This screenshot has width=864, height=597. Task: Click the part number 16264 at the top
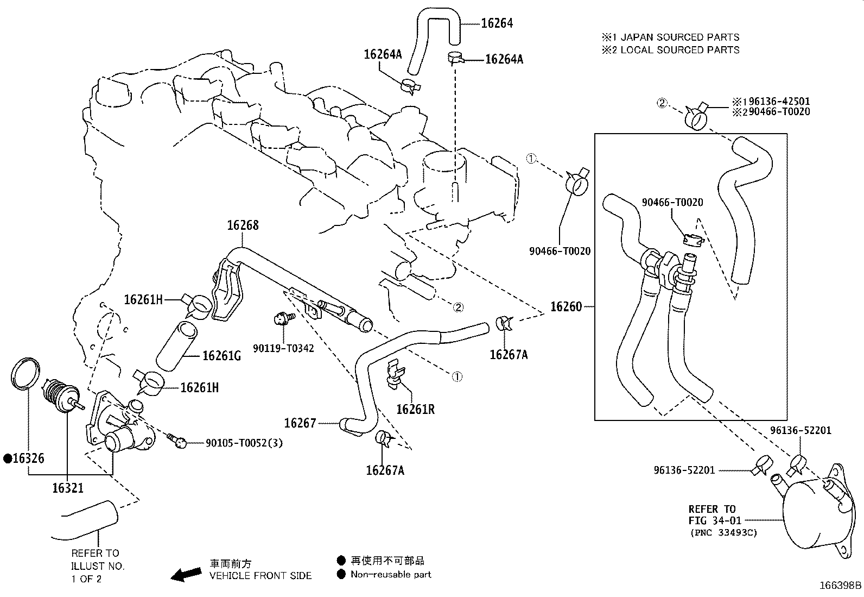pyautogui.click(x=497, y=23)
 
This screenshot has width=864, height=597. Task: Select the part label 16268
pyautogui.click(x=243, y=225)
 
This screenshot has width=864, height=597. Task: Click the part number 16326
pyautogui.click(x=28, y=458)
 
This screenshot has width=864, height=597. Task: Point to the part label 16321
pyautogui.click(x=68, y=488)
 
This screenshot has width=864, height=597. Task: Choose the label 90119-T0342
pyautogui.click(x=283, y=348)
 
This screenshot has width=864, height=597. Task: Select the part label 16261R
pyautogui.click(x=415, y=409)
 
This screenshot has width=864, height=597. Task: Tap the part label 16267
pyautogui.click(x=300, y=423)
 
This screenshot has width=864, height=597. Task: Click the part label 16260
pyautogui.click(x=566, y=306)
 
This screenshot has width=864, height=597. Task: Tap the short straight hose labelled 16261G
pyautogui.click(x=177, y=345)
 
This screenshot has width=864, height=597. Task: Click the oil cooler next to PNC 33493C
pyautogui.click(x=811, y=511)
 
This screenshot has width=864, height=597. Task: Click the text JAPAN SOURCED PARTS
pyautogui.click(x=679, y=37)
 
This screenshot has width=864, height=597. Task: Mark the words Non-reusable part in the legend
pyautogui.click(x=391, y=574)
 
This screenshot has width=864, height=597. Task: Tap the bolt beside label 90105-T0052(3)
pyautogui.click(x=178, y=441)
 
